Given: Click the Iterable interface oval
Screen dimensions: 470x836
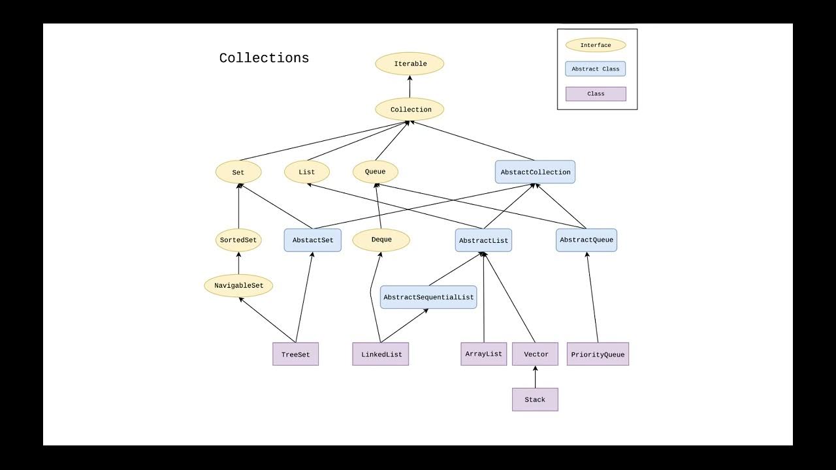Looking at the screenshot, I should tap(410, 64).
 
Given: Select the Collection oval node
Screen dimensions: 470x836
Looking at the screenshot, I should tap(410, 110).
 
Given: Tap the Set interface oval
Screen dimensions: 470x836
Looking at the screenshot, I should tap(238, 172).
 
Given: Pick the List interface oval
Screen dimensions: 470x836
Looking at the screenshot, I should tap(306, 172).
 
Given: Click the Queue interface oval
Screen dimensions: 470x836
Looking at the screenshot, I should tap(375, 172).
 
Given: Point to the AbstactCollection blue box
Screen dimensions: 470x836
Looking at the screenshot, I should tap(535, 172).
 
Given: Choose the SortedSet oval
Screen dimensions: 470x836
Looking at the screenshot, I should tap(238, 240).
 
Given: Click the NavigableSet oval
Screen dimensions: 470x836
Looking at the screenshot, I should tap(238, 285).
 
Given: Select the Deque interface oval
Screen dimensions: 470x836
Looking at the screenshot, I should tap(381, 240).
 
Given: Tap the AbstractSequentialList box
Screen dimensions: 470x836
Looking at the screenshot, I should tap(428, 297).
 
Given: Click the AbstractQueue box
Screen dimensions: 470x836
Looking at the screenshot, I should tap(587, 240).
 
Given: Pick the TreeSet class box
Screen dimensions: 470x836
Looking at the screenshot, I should tap(295, 354).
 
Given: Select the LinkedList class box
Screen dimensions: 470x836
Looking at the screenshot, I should tap(381, 354).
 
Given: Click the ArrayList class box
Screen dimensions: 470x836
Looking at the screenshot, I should tap(483, 354).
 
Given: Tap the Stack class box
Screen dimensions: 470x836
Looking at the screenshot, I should tap(535, 399).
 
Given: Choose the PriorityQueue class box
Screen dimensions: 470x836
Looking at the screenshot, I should tap(598, 354).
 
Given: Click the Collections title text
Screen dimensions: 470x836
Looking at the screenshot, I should tap(264, 58).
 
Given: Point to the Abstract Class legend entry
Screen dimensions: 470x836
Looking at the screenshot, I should tap(595, 69).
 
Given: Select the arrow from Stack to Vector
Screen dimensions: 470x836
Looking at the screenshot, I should tap(535, 377).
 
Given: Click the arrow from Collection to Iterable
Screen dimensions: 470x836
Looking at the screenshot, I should tap(410, 87).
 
